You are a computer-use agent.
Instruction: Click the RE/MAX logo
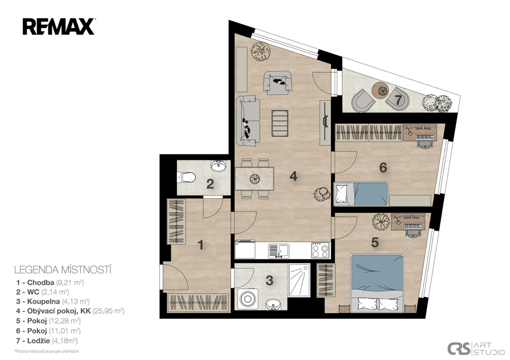point(59,26)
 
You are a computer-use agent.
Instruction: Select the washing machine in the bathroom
point(248,299)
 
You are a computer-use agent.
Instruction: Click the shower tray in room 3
point(299,280)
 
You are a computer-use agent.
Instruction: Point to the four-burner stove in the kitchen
point(320,250)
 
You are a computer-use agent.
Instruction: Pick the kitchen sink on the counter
point(278,251)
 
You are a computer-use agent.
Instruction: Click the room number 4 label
point(293,176)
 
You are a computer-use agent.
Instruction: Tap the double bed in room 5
point(378,284)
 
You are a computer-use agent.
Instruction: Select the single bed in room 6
point(362,194)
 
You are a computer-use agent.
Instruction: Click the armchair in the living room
point(277,83)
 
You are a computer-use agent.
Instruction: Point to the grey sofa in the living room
point(248,120)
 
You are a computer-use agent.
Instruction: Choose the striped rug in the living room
point(280,123)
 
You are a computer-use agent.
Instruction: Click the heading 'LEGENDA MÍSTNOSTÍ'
point(63,270)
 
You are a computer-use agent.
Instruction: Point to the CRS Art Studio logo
point(476,348)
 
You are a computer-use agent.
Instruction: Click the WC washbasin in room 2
point(218,165)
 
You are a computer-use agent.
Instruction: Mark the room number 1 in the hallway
point(201,245)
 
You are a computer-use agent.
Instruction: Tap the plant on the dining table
point(255,178)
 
